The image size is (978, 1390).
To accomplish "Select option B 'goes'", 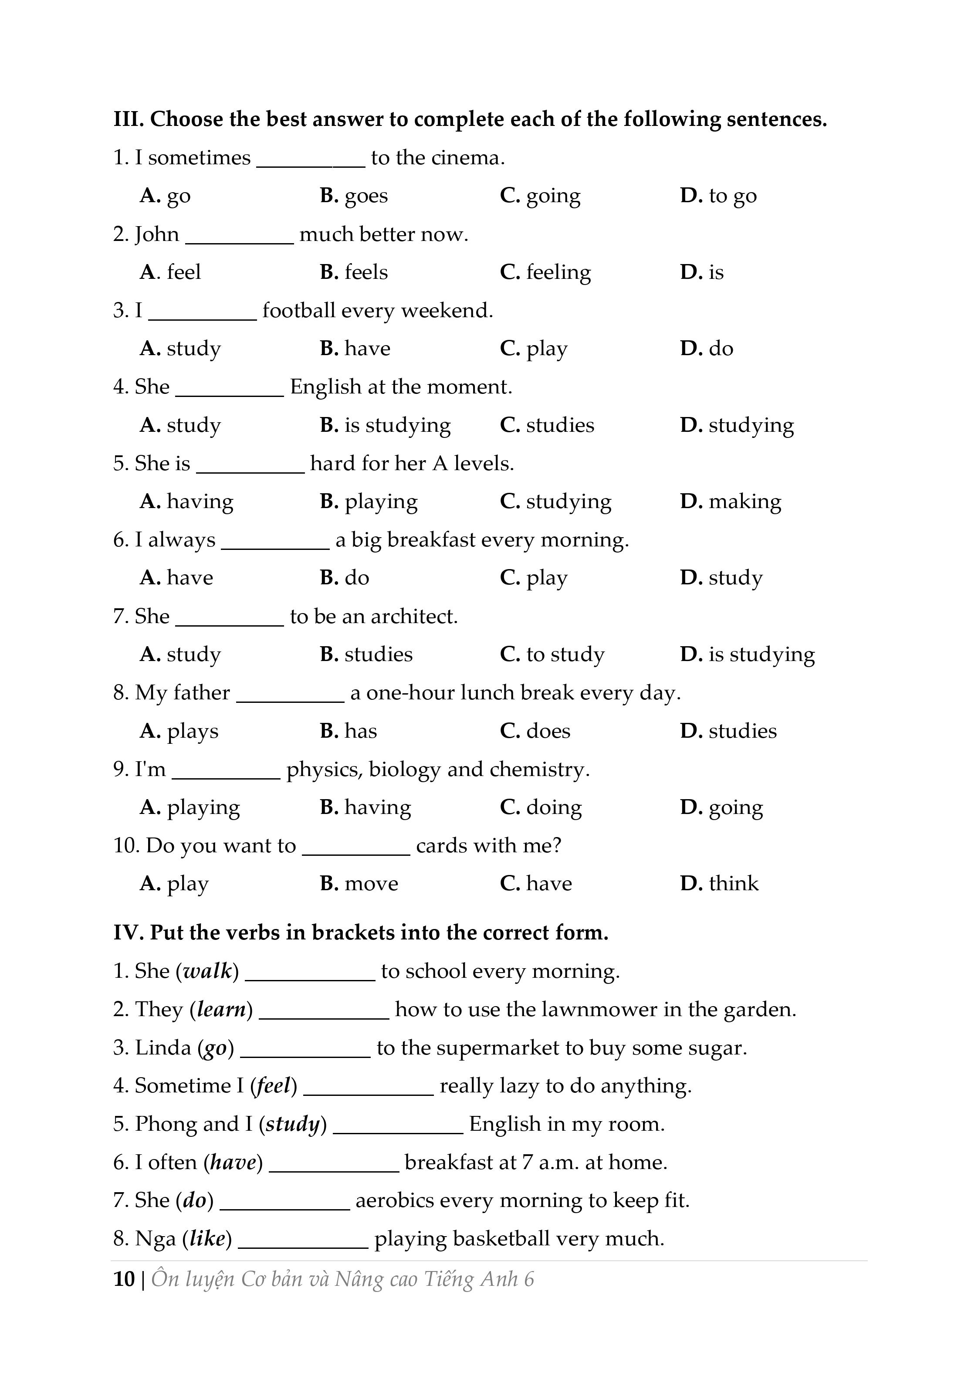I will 354,196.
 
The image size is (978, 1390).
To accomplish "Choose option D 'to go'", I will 718,196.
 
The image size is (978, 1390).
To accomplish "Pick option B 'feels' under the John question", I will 354,272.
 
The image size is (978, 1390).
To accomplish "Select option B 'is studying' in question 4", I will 386,426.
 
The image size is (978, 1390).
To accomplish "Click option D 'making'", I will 731,502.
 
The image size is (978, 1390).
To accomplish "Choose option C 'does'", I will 535,731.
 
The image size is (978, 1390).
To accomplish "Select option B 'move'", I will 359,884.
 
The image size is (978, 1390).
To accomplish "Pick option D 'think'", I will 719,884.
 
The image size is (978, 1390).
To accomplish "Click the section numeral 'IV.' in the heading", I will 129,933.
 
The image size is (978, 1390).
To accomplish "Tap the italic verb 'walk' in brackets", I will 208,971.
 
